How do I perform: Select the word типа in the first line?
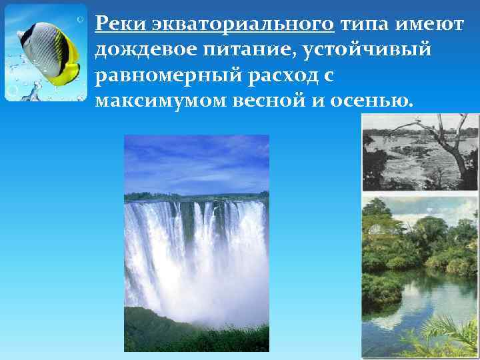363,25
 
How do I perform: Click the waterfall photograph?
197,243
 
